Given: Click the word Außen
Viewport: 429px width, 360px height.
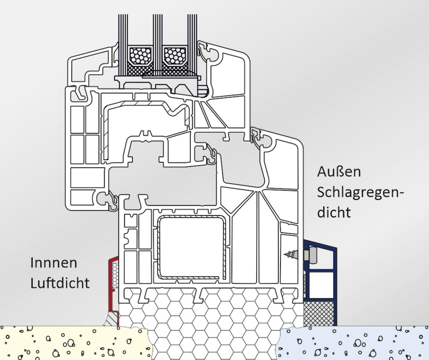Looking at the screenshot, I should click(339, 172).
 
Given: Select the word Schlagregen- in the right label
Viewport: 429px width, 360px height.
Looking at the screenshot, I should click(361, 192).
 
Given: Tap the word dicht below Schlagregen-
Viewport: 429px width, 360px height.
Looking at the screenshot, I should click(334, 212).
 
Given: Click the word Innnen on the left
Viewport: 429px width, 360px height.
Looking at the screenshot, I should click(54, 263).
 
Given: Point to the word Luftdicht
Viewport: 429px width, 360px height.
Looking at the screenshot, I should click(60, 284).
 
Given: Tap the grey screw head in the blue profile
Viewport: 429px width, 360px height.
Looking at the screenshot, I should click(312, 255).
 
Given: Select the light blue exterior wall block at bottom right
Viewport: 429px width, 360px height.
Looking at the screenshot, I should click(354, 343).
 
